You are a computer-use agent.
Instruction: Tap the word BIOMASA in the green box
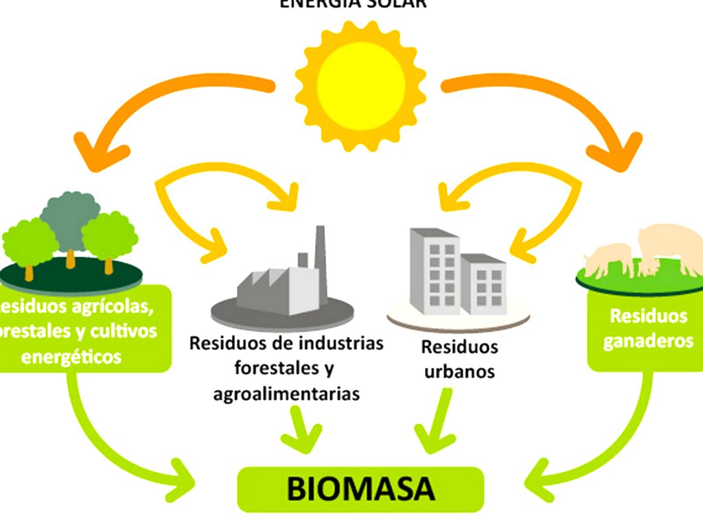(x=360, y=489)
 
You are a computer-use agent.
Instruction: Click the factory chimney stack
(x=320, y=250)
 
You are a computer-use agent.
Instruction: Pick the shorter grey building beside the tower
(x=484, y=284)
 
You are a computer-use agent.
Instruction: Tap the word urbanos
(x=459, y=371)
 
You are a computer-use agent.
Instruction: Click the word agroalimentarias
(x=286, y=394)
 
